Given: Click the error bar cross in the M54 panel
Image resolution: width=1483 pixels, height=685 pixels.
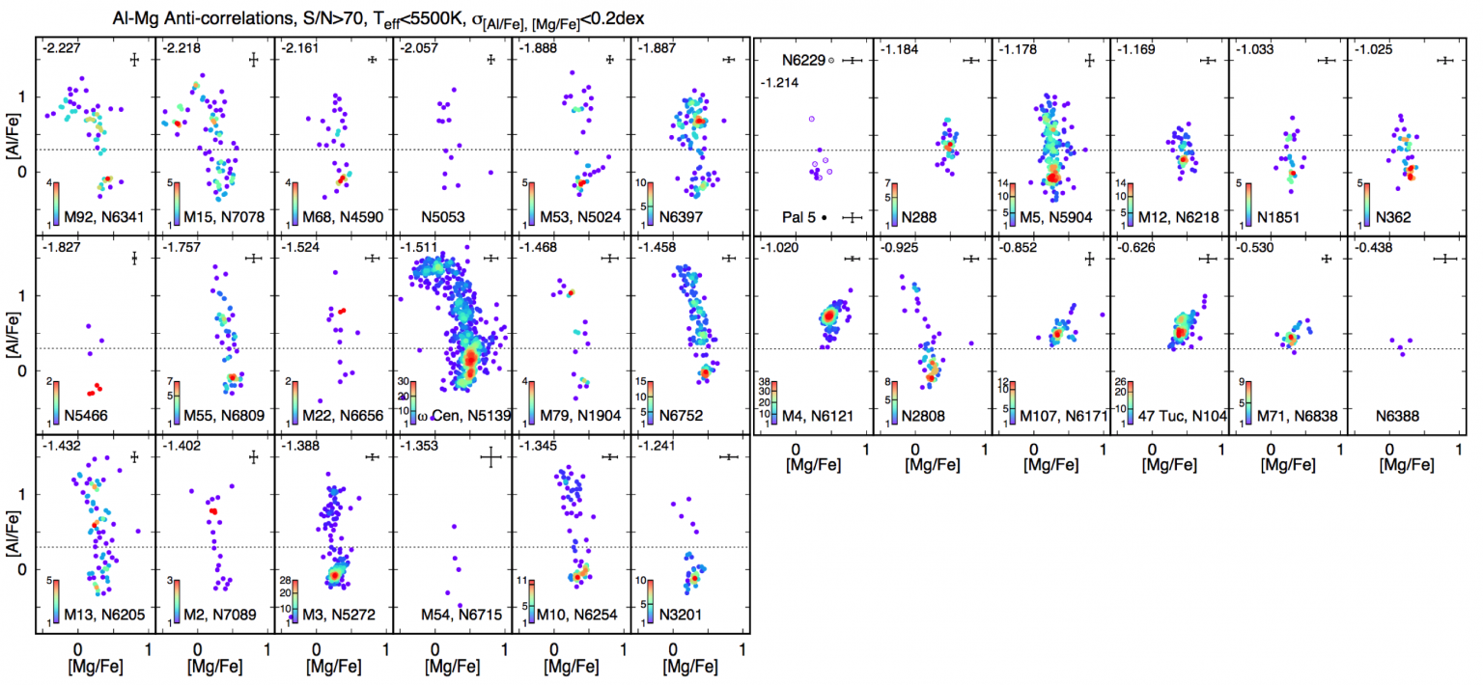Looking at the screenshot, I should coord(492,457).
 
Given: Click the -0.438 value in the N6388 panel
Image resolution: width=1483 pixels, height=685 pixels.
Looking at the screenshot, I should coord(1375,249).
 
